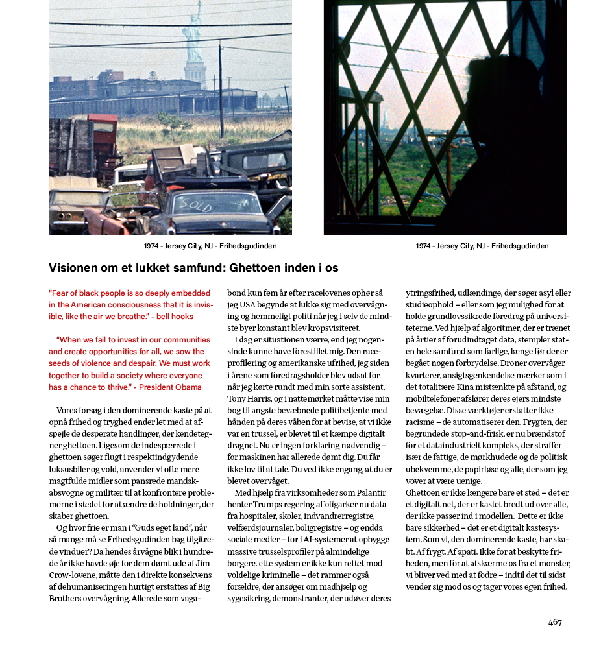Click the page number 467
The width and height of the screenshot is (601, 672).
555,622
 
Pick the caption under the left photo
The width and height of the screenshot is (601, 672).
210,246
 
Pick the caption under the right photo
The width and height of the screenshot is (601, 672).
482,246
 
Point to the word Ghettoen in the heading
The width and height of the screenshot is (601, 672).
257,268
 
